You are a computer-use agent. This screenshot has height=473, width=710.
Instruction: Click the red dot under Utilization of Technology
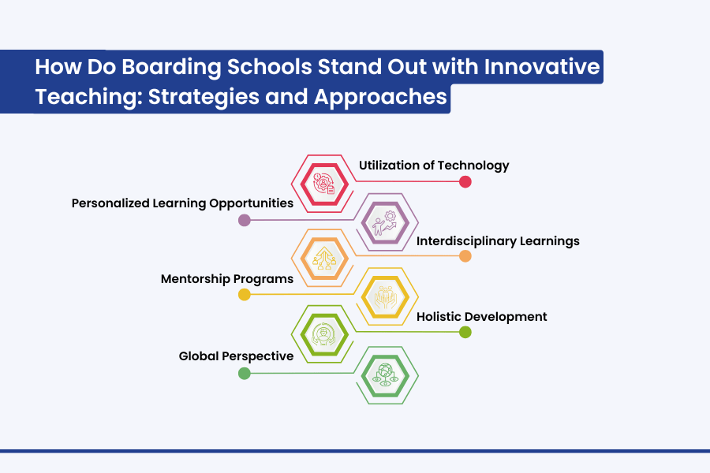465,181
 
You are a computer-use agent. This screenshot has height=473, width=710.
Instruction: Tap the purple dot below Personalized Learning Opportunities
245,221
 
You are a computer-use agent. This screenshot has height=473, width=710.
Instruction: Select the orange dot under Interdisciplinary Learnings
465,256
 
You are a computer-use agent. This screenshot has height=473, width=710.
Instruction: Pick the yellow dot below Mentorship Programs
245,295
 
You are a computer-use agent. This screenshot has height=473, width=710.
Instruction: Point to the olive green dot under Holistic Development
465,332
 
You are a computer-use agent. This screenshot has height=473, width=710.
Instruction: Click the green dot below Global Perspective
245,374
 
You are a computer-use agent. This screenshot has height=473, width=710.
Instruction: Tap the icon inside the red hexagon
324,184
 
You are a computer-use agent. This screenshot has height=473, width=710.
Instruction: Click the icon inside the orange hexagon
324,258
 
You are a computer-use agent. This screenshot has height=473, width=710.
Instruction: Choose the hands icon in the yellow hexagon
385,297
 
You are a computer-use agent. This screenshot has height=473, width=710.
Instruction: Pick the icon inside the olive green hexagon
323,334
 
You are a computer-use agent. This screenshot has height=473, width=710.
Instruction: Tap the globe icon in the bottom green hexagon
385,375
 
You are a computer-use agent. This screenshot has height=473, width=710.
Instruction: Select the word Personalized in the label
110,203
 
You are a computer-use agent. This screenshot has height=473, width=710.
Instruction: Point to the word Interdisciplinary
466,241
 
